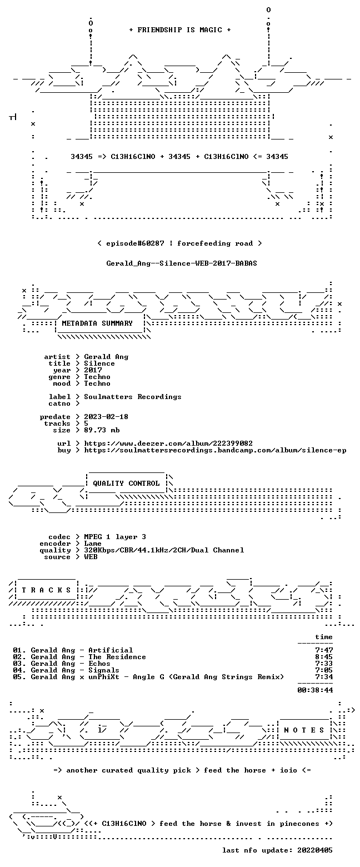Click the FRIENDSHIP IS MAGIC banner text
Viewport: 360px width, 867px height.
pyautogui.click(x=180, y=30)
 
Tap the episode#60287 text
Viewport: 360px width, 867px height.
pyautogui.click(x=135, y=243)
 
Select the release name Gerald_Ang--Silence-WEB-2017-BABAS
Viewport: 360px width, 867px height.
pyautogui.click(x=182, y=263)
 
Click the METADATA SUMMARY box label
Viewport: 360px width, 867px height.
pyautogui.click(x=97, y=323)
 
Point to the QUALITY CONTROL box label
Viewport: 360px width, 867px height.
pyautogui.click(x=126, y=483)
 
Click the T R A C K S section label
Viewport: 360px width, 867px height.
pyautogui.click(x=47, y=590)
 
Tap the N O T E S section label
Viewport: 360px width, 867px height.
pyautogui.click(x=304, y=730)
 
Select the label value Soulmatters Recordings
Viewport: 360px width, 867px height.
pyautogui.click(x=133, y=397)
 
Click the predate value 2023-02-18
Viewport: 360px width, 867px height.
pyautogui.click(x=106, y=416)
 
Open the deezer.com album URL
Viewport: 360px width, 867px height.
pyautogui.click(x=168, y=443)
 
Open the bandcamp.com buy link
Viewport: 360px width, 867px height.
pyautogui.click(x=215, y=450)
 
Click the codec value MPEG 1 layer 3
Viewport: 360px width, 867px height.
pyautogui.click(x=115, y=536)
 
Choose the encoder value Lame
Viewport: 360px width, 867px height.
pyautogui.click(x=93, y=544)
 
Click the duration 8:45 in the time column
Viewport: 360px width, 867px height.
pyautogui.click(x=324, y=657)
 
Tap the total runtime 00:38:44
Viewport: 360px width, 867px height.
pyautogui.click(x=315, y=690)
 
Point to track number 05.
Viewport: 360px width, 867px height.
pyautogui.click(x=17, y=676)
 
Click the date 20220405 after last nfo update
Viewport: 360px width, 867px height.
pyautogui.click(x=315, y=850)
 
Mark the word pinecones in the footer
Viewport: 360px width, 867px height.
pyautogui.click(x=299, y=824)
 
